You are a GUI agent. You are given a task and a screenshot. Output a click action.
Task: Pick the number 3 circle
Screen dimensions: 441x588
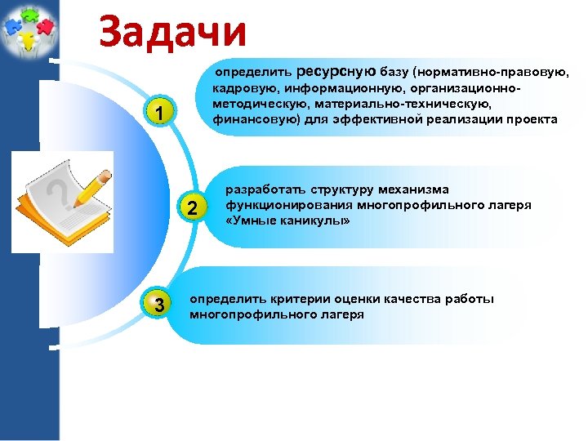coord(160,305)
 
